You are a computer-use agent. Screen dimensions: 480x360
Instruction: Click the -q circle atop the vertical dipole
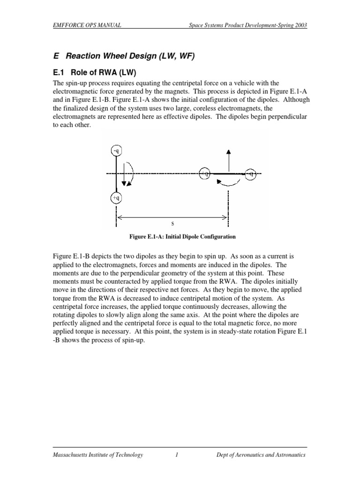point(116,150)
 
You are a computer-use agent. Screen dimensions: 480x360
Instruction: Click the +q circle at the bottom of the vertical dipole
point(116,198)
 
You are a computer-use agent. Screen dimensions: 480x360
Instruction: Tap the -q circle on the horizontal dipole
point(251,173)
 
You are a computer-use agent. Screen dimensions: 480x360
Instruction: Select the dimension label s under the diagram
point(172,224)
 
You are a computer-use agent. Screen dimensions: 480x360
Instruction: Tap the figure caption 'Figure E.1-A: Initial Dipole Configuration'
point(182,237)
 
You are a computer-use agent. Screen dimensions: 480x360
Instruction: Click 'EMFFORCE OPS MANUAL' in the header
point(87,25)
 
